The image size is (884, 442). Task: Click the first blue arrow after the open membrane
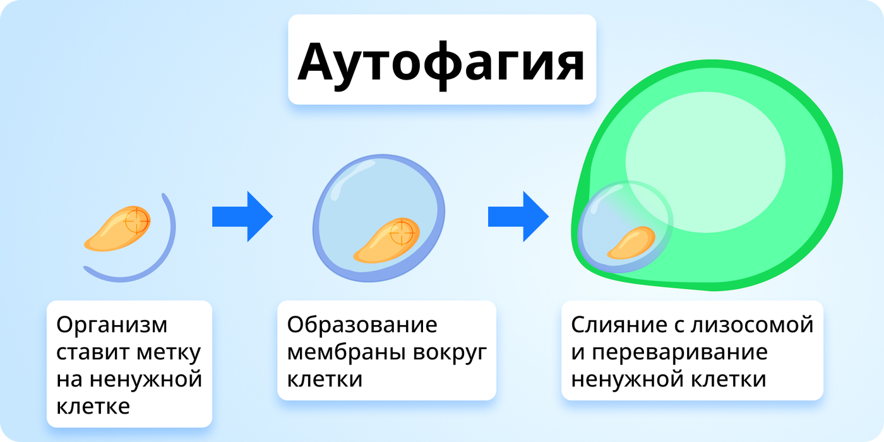tap(242, 217)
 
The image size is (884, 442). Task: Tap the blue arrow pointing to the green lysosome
tap(518, 217)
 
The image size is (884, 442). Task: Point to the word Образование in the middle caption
tap(362, 325)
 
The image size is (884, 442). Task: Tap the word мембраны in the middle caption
tap(347, 352)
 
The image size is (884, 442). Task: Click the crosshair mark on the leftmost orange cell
tap(136, 221)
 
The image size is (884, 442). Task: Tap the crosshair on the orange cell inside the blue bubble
tap(402, 233)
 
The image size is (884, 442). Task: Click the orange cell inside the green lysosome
tap(631, 242)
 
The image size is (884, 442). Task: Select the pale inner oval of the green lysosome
tap(705, 162)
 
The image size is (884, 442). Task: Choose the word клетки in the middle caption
tap(325, 379)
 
